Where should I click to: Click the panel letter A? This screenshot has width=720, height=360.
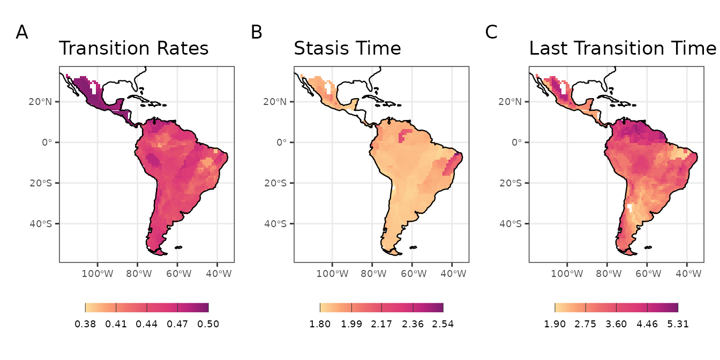point(22,33)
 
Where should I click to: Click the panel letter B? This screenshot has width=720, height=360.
point(257,33)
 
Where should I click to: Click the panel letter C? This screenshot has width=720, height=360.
point(491,33)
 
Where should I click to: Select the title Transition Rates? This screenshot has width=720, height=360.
point(133,49)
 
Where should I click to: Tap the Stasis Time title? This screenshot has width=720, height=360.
point(347,49)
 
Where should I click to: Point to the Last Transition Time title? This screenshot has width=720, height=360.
point(622,49)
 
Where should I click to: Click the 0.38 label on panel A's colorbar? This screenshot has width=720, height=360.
point(85,324)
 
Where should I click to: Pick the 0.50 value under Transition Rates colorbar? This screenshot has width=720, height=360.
point(208,324)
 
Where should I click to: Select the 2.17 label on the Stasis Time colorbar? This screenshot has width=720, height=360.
point(381,324)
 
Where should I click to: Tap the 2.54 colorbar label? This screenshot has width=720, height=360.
point(443,324)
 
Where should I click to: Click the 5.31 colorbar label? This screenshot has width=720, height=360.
point(678,324)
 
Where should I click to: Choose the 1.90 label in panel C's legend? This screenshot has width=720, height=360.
point(554,324)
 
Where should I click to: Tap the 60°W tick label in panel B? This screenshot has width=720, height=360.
point(412,274)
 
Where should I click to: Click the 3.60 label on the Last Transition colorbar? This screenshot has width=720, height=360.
point(616,324)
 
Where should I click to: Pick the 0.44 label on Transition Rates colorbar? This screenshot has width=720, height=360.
point(147,324)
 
